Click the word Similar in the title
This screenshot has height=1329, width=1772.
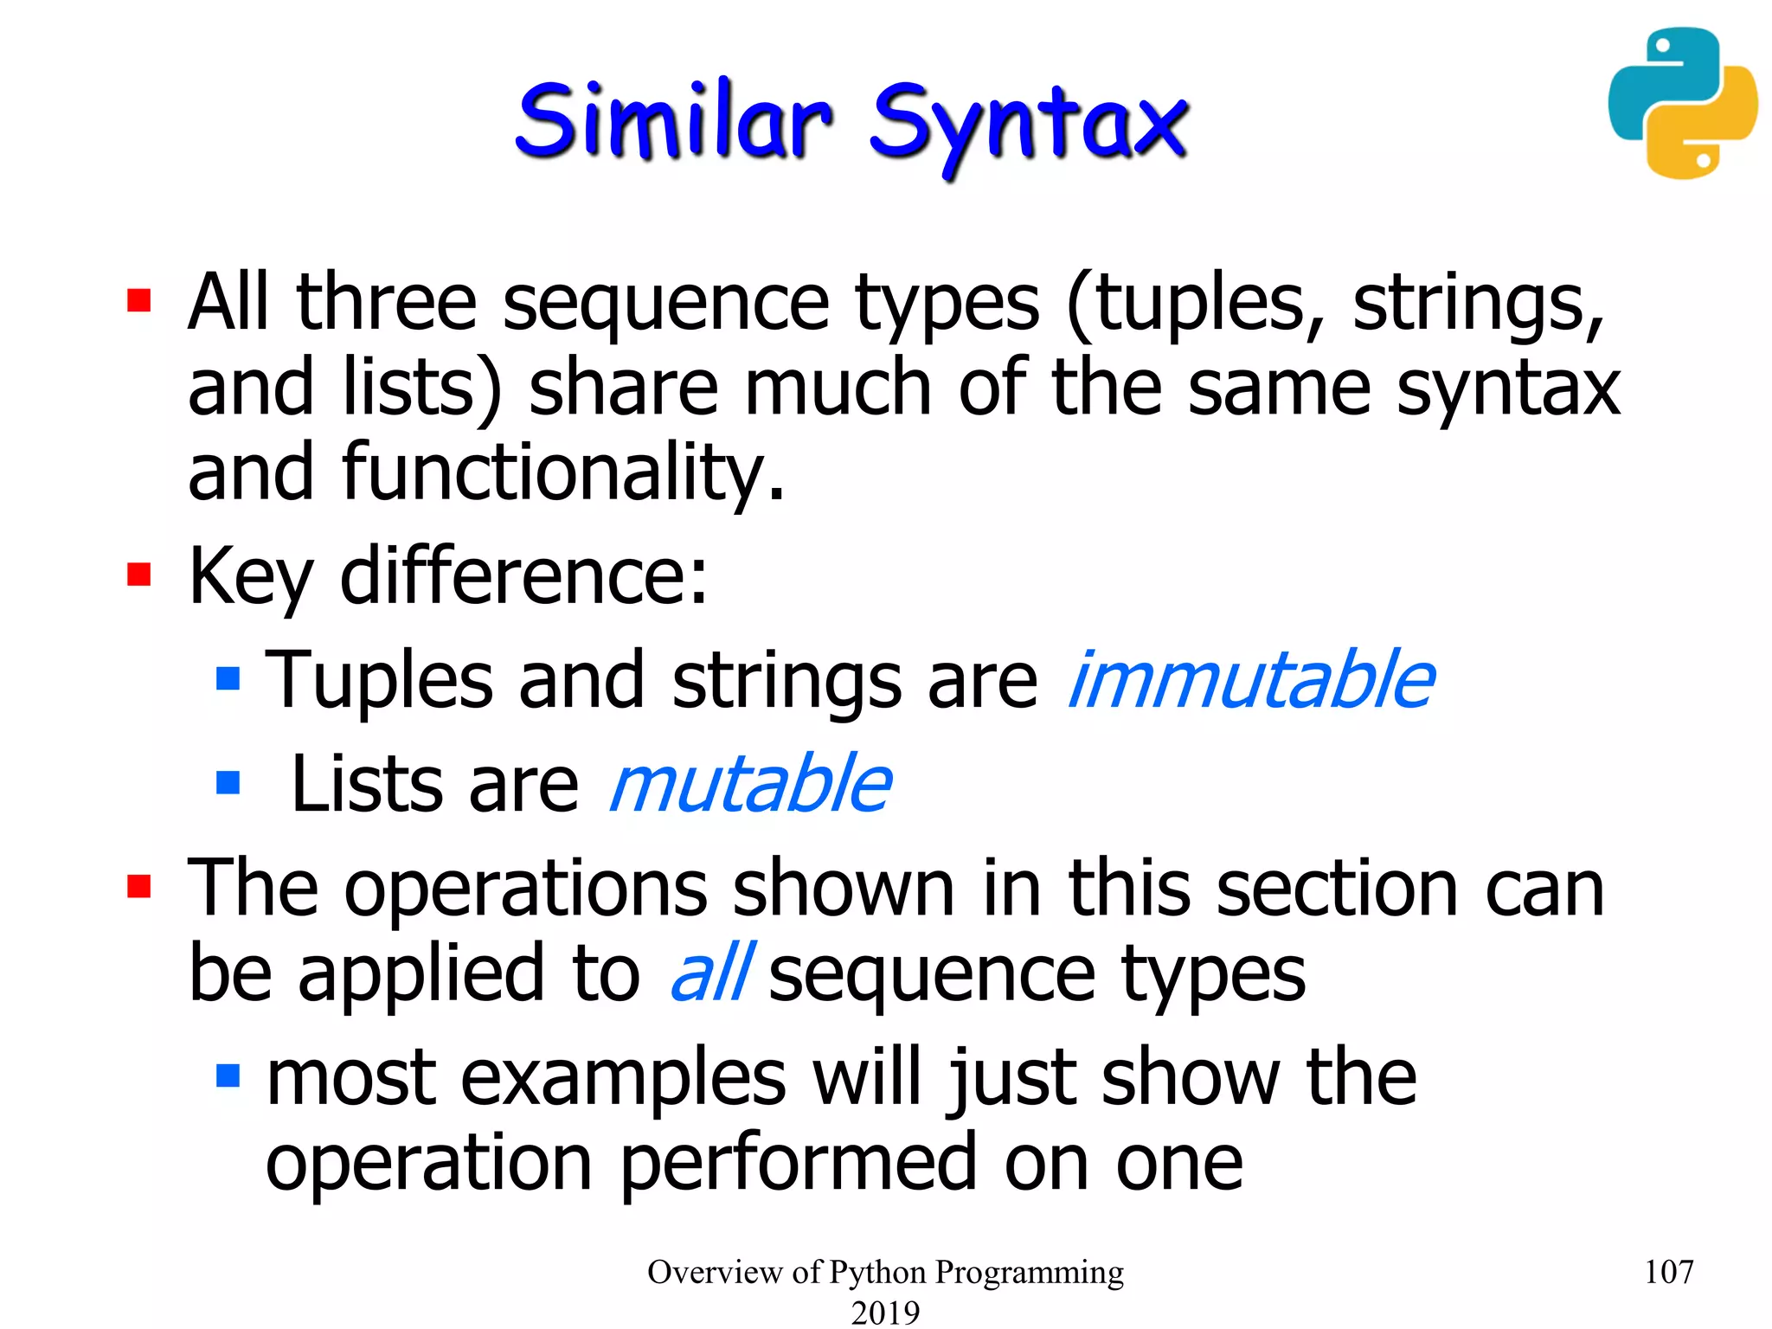[673, 121]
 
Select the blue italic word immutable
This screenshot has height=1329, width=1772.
[1251, 680]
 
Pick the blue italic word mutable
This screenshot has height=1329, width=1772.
[749, 784]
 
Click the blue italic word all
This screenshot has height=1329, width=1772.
[711, 973]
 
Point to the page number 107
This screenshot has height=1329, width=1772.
[1667, 1272]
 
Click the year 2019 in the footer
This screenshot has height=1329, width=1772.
[885, 1312]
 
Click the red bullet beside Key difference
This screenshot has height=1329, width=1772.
[139, 575]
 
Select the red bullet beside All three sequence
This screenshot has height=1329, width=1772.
[139, 300]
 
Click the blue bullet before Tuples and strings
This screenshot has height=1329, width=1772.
[228, 677]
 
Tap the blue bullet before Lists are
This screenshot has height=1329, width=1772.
[228, 782]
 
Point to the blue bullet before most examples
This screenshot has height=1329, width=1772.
[228, 1075]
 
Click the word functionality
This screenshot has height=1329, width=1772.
[562, 472]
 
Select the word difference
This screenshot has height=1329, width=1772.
[523, 576]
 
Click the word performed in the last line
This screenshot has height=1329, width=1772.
[799, 1164]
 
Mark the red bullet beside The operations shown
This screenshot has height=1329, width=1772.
[139, 887]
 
